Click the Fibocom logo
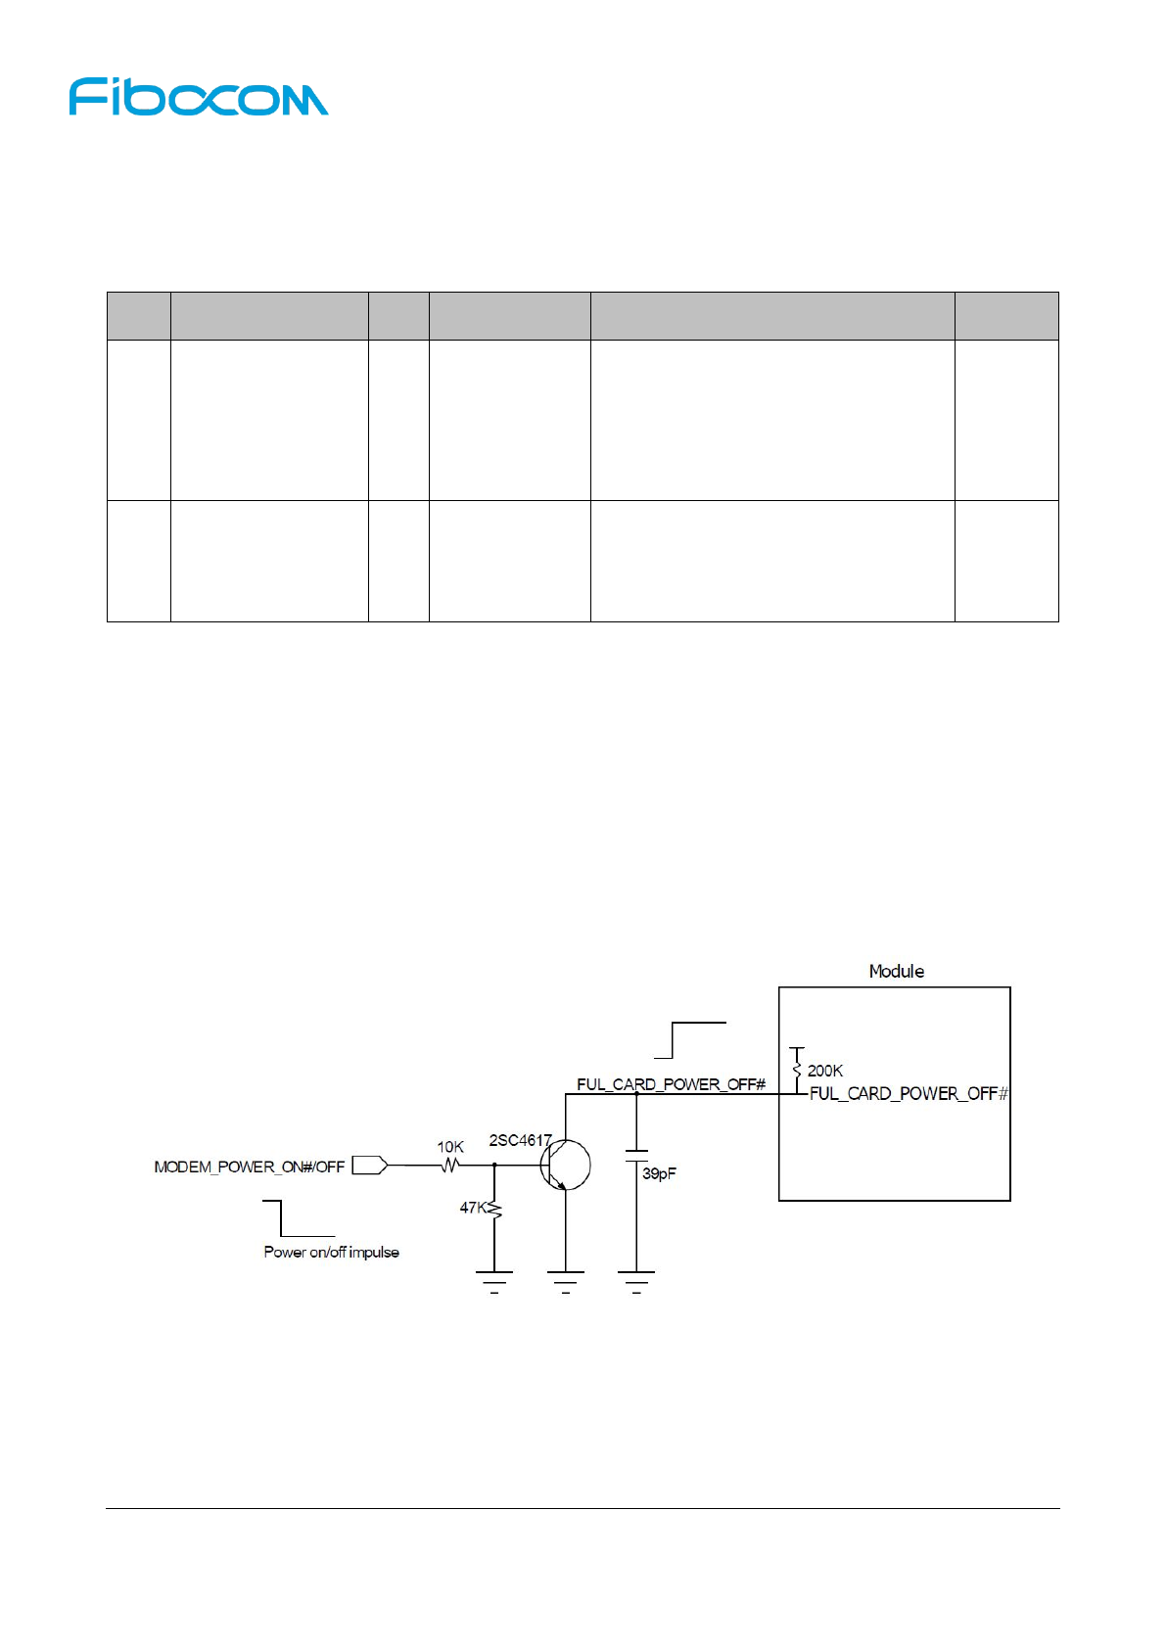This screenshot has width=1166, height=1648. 199,98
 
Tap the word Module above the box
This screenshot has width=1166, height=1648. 896,971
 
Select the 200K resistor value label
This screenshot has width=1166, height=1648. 824,1071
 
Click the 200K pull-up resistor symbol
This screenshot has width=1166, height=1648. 797,1069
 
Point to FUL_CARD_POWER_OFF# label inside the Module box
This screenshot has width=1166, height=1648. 908,1093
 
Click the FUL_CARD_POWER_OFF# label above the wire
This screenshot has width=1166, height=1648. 671,1084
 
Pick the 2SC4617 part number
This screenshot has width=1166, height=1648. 520,1140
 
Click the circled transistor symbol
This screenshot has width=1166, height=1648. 565,1166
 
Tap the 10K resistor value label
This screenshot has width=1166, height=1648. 450,1147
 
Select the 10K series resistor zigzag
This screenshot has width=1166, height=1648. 450,1166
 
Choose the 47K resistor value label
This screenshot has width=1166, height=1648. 472,1208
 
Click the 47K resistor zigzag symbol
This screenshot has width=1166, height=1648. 494,1212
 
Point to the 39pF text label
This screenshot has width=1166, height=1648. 659,1173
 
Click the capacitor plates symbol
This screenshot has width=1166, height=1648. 636,1157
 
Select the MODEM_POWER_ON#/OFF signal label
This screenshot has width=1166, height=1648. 250,1167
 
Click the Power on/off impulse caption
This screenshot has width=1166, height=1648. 331,1252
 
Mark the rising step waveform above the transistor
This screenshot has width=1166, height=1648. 690,1039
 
